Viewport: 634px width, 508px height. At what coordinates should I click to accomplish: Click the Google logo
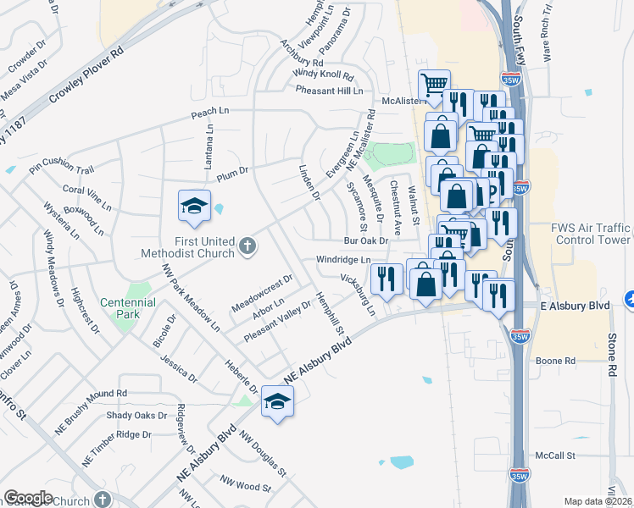(28, 498)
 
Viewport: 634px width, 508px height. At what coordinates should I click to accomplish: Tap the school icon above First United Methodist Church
(194, 207)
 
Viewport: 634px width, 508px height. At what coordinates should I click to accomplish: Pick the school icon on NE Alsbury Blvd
(277, 402)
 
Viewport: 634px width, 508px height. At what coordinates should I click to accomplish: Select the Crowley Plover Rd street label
(86, 75)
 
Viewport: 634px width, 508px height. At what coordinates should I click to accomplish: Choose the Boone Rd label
(556, 361)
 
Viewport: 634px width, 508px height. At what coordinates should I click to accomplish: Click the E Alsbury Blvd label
(576, 306)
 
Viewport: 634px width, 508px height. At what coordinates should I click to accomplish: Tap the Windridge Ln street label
(343, 259)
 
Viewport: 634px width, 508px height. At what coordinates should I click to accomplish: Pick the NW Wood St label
(245, 483)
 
